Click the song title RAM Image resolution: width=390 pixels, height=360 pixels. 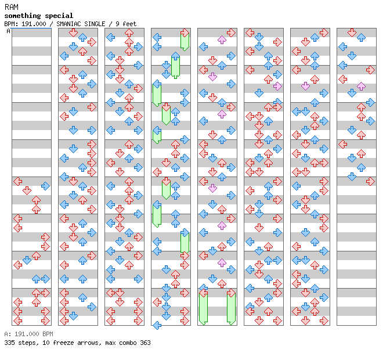click(12, 7)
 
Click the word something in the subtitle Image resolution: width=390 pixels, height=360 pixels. click(23, 16)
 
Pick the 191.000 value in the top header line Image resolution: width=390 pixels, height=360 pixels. click(34, 24)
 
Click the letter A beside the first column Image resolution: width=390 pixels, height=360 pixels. click(8, 31)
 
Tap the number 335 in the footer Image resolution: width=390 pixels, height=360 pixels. click(9, 343)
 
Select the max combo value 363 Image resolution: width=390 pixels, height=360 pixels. click(145, 343)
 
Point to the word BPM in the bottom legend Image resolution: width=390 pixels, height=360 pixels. click(48, 334)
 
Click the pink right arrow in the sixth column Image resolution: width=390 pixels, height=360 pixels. click(277, 87)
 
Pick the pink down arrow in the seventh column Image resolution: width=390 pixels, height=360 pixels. click(305, 87)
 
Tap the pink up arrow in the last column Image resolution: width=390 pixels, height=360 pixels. click(361, 87)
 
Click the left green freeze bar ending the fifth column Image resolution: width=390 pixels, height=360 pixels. click(203, 308)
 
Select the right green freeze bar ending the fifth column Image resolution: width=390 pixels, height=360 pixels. click(231, 308)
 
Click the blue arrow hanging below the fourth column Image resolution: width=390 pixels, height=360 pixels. click(157, 325)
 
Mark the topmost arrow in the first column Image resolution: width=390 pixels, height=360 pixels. click(17, 181)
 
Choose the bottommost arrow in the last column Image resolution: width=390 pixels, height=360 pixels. click(370, 181)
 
